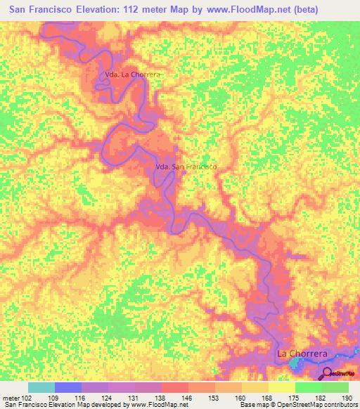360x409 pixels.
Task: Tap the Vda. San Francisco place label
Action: coord(185,167)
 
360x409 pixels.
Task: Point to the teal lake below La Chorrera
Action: coord(296,364)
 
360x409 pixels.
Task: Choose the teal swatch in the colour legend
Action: coord(41,387)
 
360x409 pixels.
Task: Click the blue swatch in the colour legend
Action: coord(67,387)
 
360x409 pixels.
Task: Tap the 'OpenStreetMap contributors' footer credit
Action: coord(319,405)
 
